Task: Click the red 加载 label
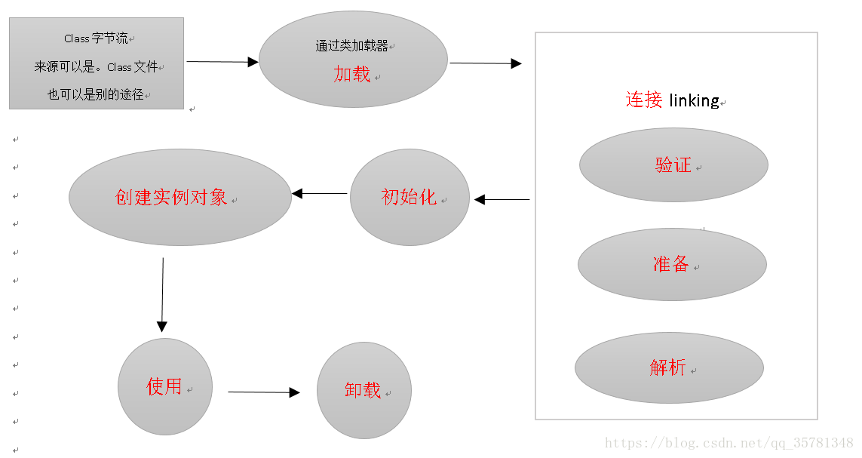pos(352,74)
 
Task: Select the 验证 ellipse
pos(673,165)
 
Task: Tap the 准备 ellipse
pos(672,264)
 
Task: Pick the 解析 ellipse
pos(669,367)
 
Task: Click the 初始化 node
pos(410,197)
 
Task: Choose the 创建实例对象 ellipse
pos(179,197)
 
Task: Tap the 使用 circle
pos(165,386)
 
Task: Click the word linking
pos(694,100)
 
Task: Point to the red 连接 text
pos(644,100)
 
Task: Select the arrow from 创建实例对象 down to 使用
pos(162,294)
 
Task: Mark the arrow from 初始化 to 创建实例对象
pos(321,194)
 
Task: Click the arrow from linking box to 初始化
pos(502,200)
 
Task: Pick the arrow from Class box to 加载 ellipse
pos(222,62)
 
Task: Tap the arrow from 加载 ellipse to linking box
pos(485,63)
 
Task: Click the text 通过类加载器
pos(351,46)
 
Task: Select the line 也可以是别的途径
pos(96,94)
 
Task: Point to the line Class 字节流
pos(97,38)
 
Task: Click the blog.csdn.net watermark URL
pos(729,443)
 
